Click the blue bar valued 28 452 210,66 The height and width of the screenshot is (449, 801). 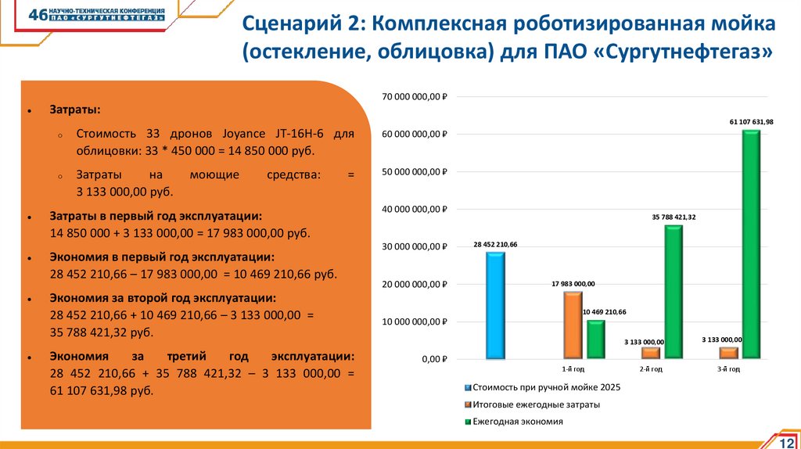click(x=495, y=305)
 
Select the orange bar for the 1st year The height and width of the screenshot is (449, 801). click(x=573, y=325)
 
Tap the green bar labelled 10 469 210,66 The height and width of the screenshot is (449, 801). click(x=595, y=339)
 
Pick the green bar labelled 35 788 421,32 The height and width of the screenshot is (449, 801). click(x=673, y=292)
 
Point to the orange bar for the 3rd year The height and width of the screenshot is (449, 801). click(x=729, y=353)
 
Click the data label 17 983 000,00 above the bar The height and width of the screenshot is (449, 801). click(x=573, y=283)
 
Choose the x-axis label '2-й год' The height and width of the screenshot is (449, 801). click(x=652, y=368)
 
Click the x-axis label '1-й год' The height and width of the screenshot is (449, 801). click(x=573, y=368)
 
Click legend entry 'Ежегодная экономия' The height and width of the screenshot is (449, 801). click(x=517, y=422)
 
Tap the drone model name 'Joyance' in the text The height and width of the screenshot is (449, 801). click(x=238, y=134)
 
